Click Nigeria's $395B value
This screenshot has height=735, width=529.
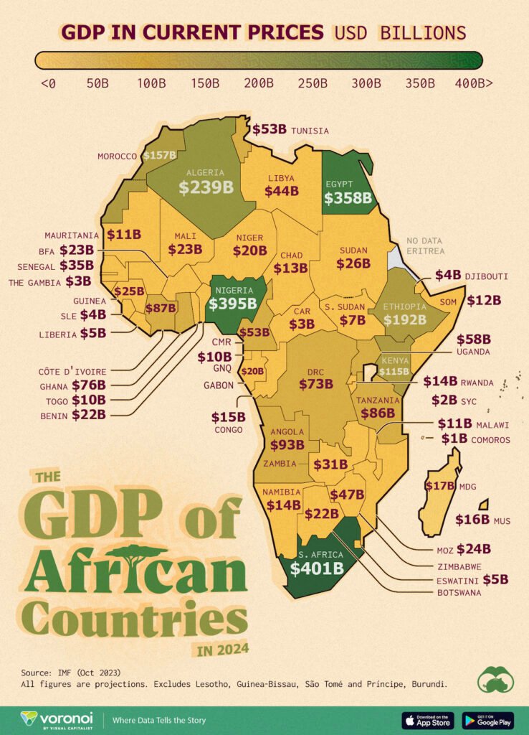(232, 304)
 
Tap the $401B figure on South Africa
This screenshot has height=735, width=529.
(316, 568)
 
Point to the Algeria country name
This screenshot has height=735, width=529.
(206, 172)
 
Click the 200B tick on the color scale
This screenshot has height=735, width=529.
(259, 83)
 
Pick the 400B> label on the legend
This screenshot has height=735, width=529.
(473, 83)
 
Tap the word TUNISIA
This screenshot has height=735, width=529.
(310, 131)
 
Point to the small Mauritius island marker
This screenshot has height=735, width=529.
(484, 505)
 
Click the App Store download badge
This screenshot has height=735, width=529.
(429, 719)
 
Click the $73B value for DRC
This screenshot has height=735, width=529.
(315, 383)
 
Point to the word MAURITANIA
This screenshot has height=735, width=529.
(72, 235)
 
